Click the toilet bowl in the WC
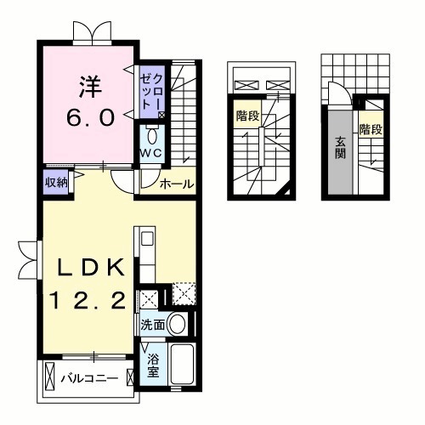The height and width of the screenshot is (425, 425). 152,135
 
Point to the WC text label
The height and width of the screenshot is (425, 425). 152,153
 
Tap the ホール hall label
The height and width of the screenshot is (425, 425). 176,184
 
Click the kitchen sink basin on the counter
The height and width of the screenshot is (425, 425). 145,239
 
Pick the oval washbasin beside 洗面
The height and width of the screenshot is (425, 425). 178,323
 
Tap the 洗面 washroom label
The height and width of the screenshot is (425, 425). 153,324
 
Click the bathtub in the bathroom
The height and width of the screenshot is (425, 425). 182,365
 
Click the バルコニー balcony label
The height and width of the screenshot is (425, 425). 88,377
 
